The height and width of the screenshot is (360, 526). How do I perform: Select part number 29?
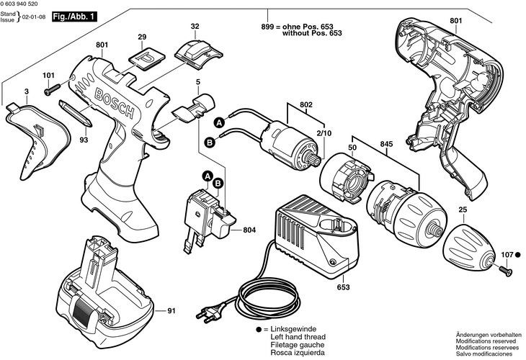coord(142,36)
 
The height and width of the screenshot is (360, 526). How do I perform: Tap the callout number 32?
coord(195,27)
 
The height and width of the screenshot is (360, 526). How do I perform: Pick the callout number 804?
coord(249,230)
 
